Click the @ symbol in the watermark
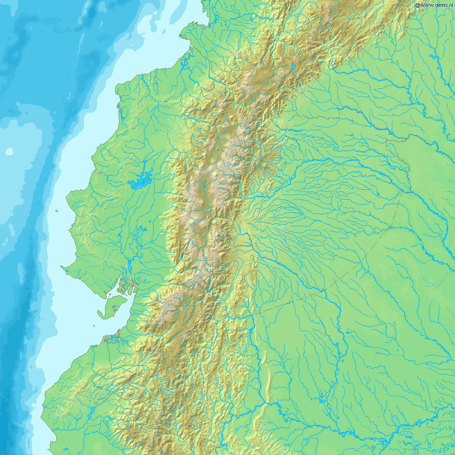417,5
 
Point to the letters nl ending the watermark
452,5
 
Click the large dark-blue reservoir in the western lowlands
140,182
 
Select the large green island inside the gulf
112,305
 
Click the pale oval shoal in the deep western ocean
9,152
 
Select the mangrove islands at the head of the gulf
122,286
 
